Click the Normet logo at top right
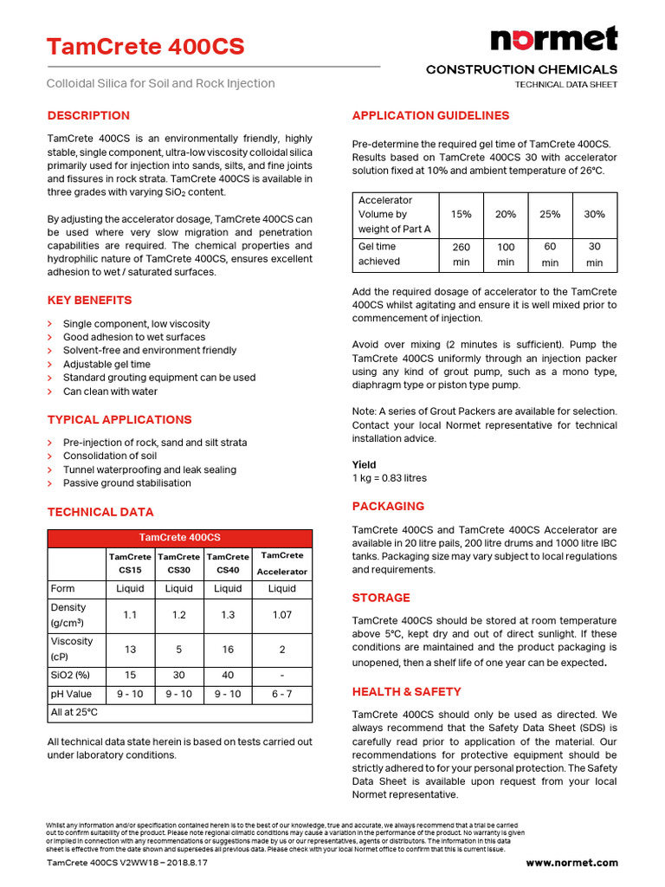554,39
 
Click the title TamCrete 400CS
145,46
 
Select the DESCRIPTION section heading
88,115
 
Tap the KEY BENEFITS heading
89,301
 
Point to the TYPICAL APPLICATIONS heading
119,419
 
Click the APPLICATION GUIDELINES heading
430,115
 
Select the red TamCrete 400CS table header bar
179,538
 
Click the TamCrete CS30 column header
179,563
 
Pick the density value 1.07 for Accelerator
281,615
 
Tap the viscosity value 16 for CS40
228,649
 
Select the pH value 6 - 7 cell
281,694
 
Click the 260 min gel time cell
462,254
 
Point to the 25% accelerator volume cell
550,214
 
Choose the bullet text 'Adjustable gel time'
107,364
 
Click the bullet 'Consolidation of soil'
110,456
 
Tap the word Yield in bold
365,464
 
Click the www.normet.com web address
571,863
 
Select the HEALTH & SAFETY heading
406,691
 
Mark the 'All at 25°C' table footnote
74,712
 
